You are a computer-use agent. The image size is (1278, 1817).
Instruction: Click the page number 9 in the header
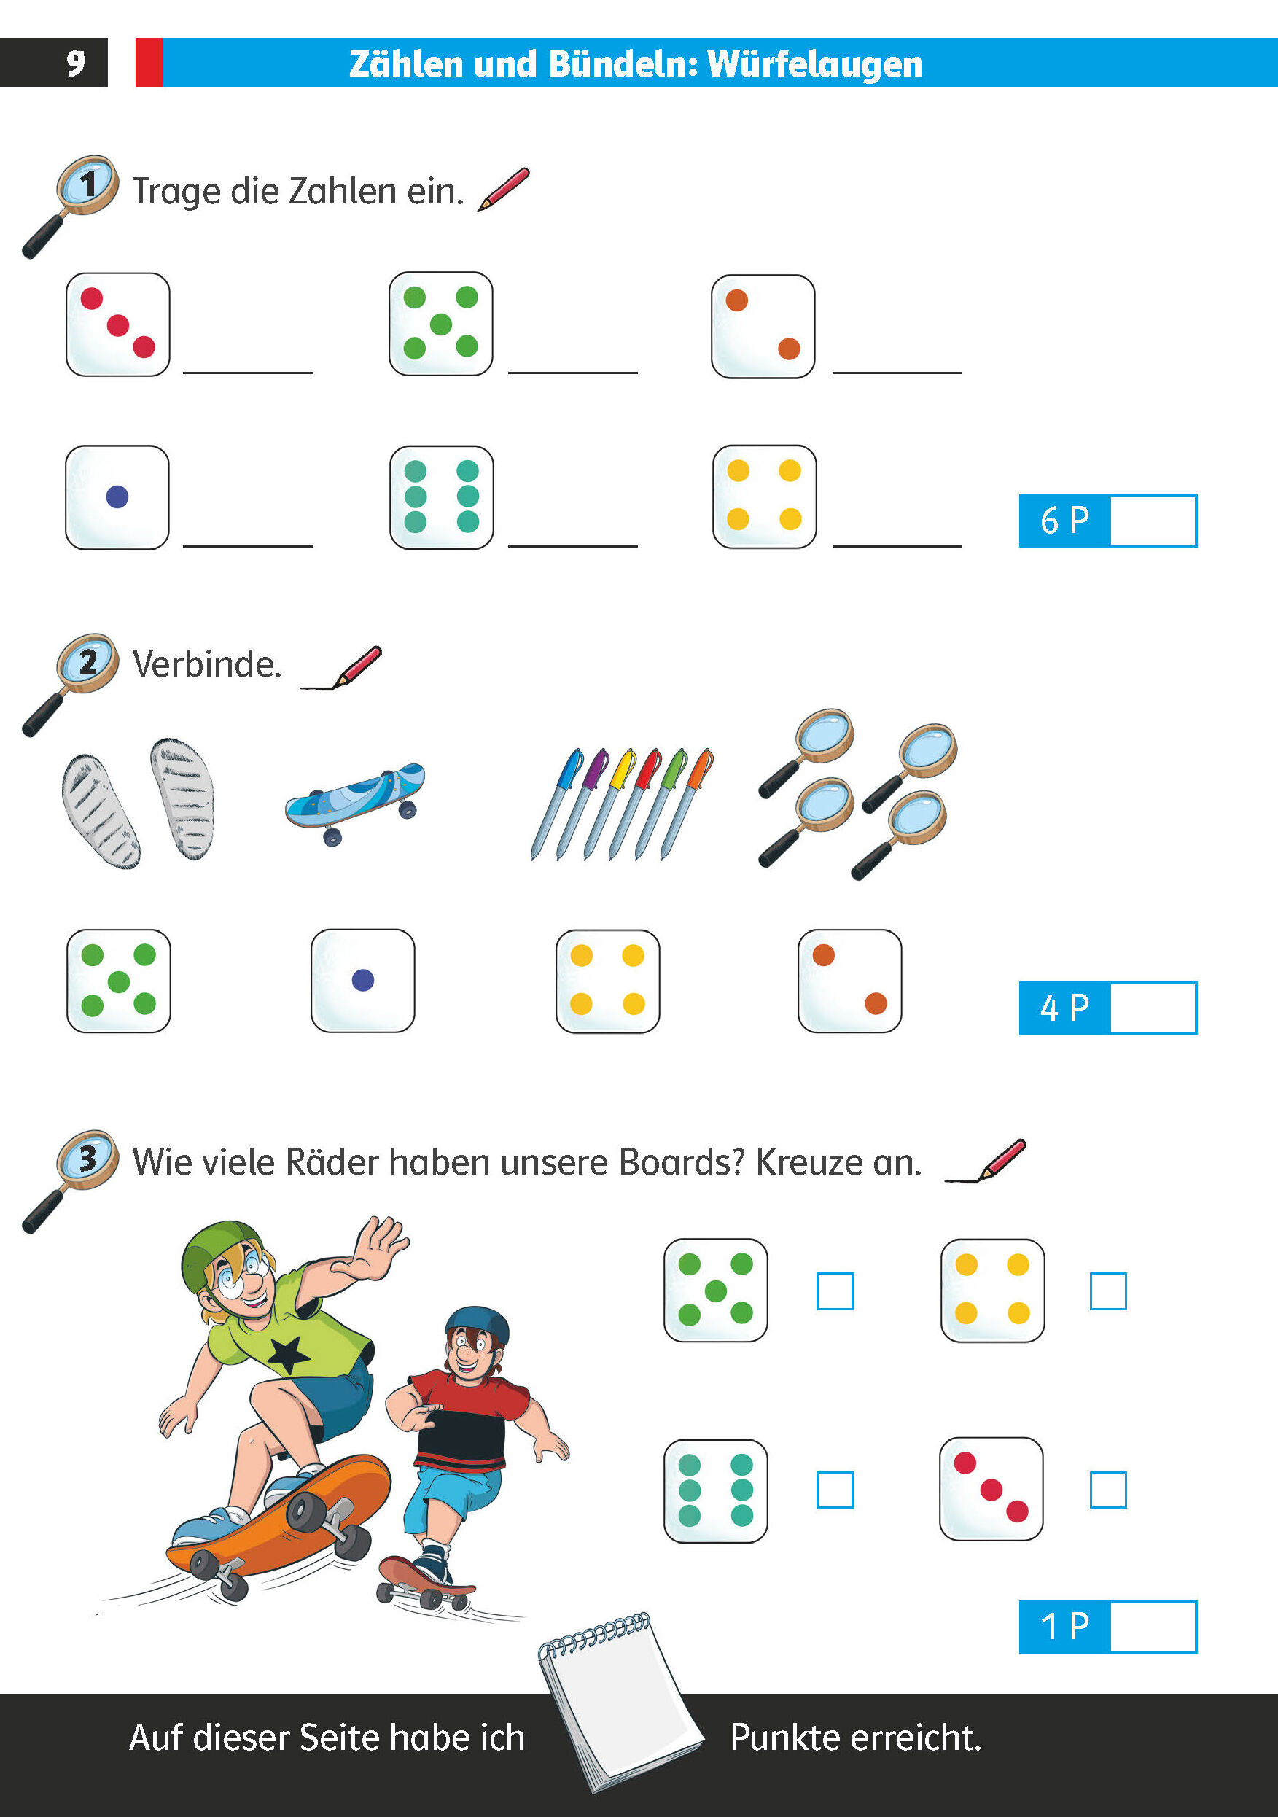[x=75, y=63]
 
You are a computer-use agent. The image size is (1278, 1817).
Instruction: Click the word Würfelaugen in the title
[x=815, y=64]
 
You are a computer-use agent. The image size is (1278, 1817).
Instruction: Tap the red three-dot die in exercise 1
[x=118, y=324]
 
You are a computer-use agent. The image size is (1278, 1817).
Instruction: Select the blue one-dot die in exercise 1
[x=117, y=497]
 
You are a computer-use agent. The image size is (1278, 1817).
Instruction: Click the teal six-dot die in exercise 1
[x=442, y=497]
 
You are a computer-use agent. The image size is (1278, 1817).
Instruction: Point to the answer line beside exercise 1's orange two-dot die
[x=897, y=372]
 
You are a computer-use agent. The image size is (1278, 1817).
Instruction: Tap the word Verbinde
[x=207, y=665]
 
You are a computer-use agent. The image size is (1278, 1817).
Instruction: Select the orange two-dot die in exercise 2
[x=850, y=981]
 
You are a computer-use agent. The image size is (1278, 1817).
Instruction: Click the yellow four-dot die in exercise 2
[x=608, y=981]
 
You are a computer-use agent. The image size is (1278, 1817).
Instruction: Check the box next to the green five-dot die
[x=835, y=1291]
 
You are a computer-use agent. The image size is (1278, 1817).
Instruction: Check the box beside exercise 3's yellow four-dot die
[x=1108, y=1291]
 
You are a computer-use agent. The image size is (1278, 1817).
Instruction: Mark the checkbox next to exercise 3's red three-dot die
[x=1108, y=1490]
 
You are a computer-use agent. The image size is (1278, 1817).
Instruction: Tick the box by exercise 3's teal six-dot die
[x=835, y=1490]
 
